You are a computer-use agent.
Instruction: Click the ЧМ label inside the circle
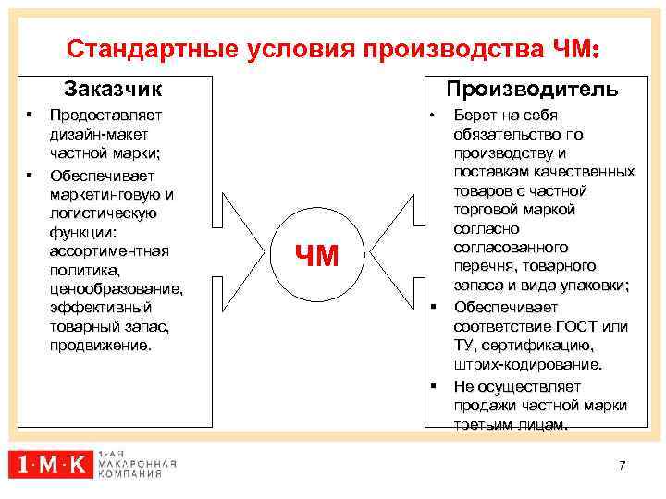point(316,254)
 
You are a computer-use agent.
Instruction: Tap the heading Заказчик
point(112,89)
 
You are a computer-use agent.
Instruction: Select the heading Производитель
point(532,89)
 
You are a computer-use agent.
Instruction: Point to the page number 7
point(623,466)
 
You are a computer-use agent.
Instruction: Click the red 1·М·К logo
point(51,463)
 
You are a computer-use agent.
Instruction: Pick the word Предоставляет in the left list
point(105,116)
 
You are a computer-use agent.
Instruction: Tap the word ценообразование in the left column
point(116,288)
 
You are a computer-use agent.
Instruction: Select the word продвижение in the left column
point(100,346)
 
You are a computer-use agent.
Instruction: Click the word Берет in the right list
point(473,116)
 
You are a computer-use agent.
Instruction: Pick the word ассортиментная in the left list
point(109,250)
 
